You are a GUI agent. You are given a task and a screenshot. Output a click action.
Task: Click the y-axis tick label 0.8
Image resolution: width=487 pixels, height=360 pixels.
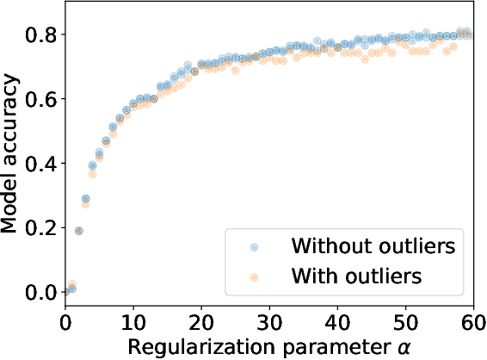coord(40,34)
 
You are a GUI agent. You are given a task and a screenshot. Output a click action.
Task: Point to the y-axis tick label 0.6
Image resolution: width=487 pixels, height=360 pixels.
coord(40,99)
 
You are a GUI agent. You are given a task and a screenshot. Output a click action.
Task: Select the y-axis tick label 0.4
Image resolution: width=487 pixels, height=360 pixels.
coord(40,164)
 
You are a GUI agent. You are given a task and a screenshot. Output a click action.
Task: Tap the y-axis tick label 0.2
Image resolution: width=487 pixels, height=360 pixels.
coord(40,228)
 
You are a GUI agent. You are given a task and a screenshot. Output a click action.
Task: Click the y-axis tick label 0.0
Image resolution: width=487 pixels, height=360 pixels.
coord(40,293)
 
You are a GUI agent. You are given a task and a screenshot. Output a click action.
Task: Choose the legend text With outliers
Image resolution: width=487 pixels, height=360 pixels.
coord(356,277)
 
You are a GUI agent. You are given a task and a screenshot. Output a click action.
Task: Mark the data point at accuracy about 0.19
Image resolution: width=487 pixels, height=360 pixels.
coord(79,231)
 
